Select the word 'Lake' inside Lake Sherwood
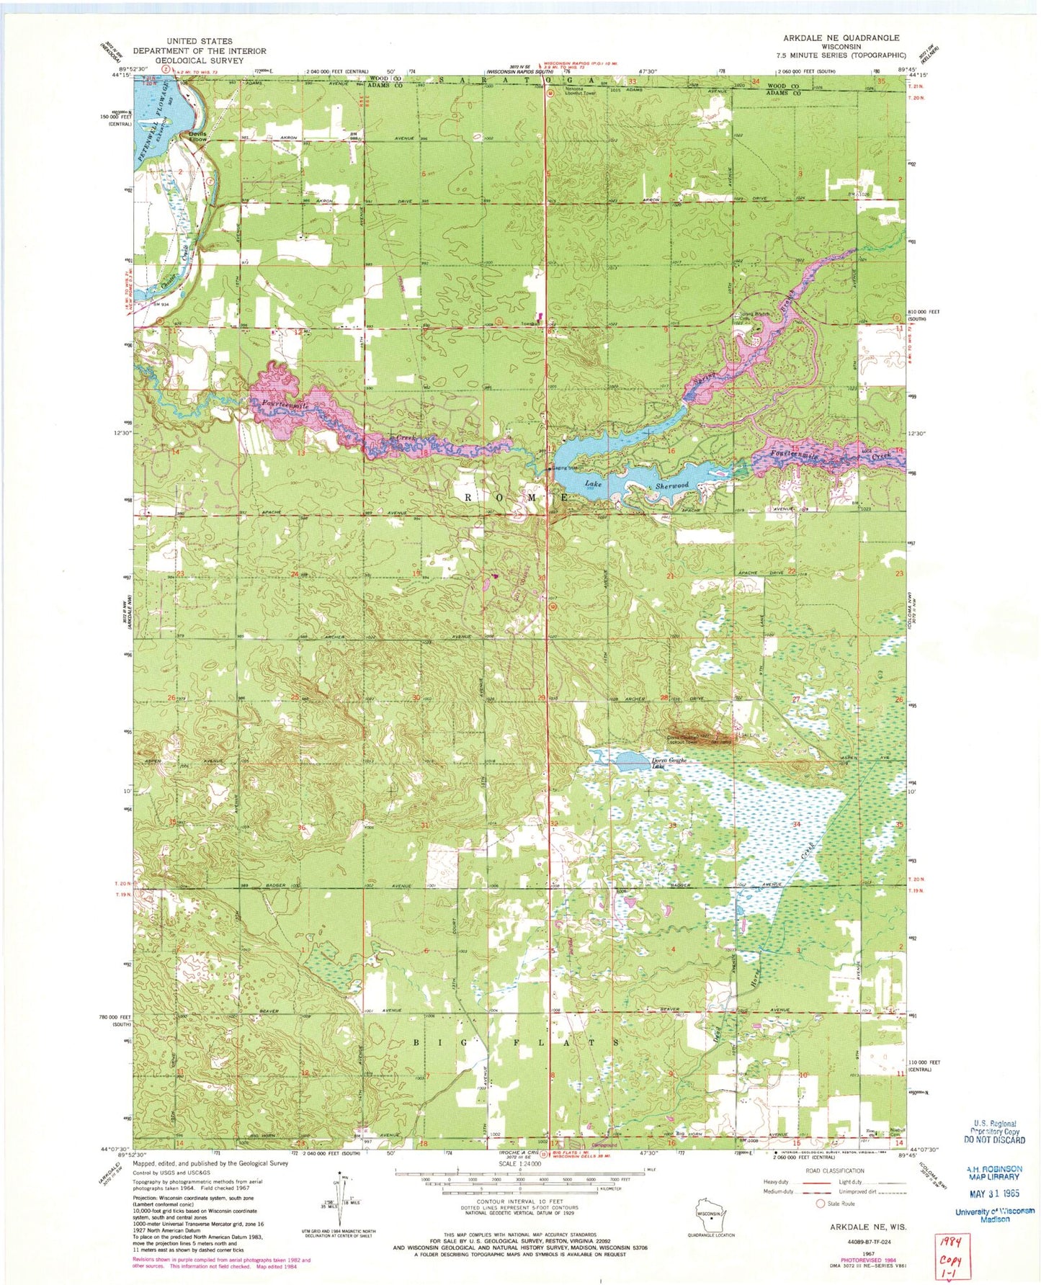coord(592,483)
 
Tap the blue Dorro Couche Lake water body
coord(625,761)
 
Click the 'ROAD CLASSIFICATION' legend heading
coord(835,1170)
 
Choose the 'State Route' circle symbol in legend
coord(820,1204)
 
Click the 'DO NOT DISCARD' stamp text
coord(994,1140)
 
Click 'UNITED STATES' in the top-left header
coord(199,42)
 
